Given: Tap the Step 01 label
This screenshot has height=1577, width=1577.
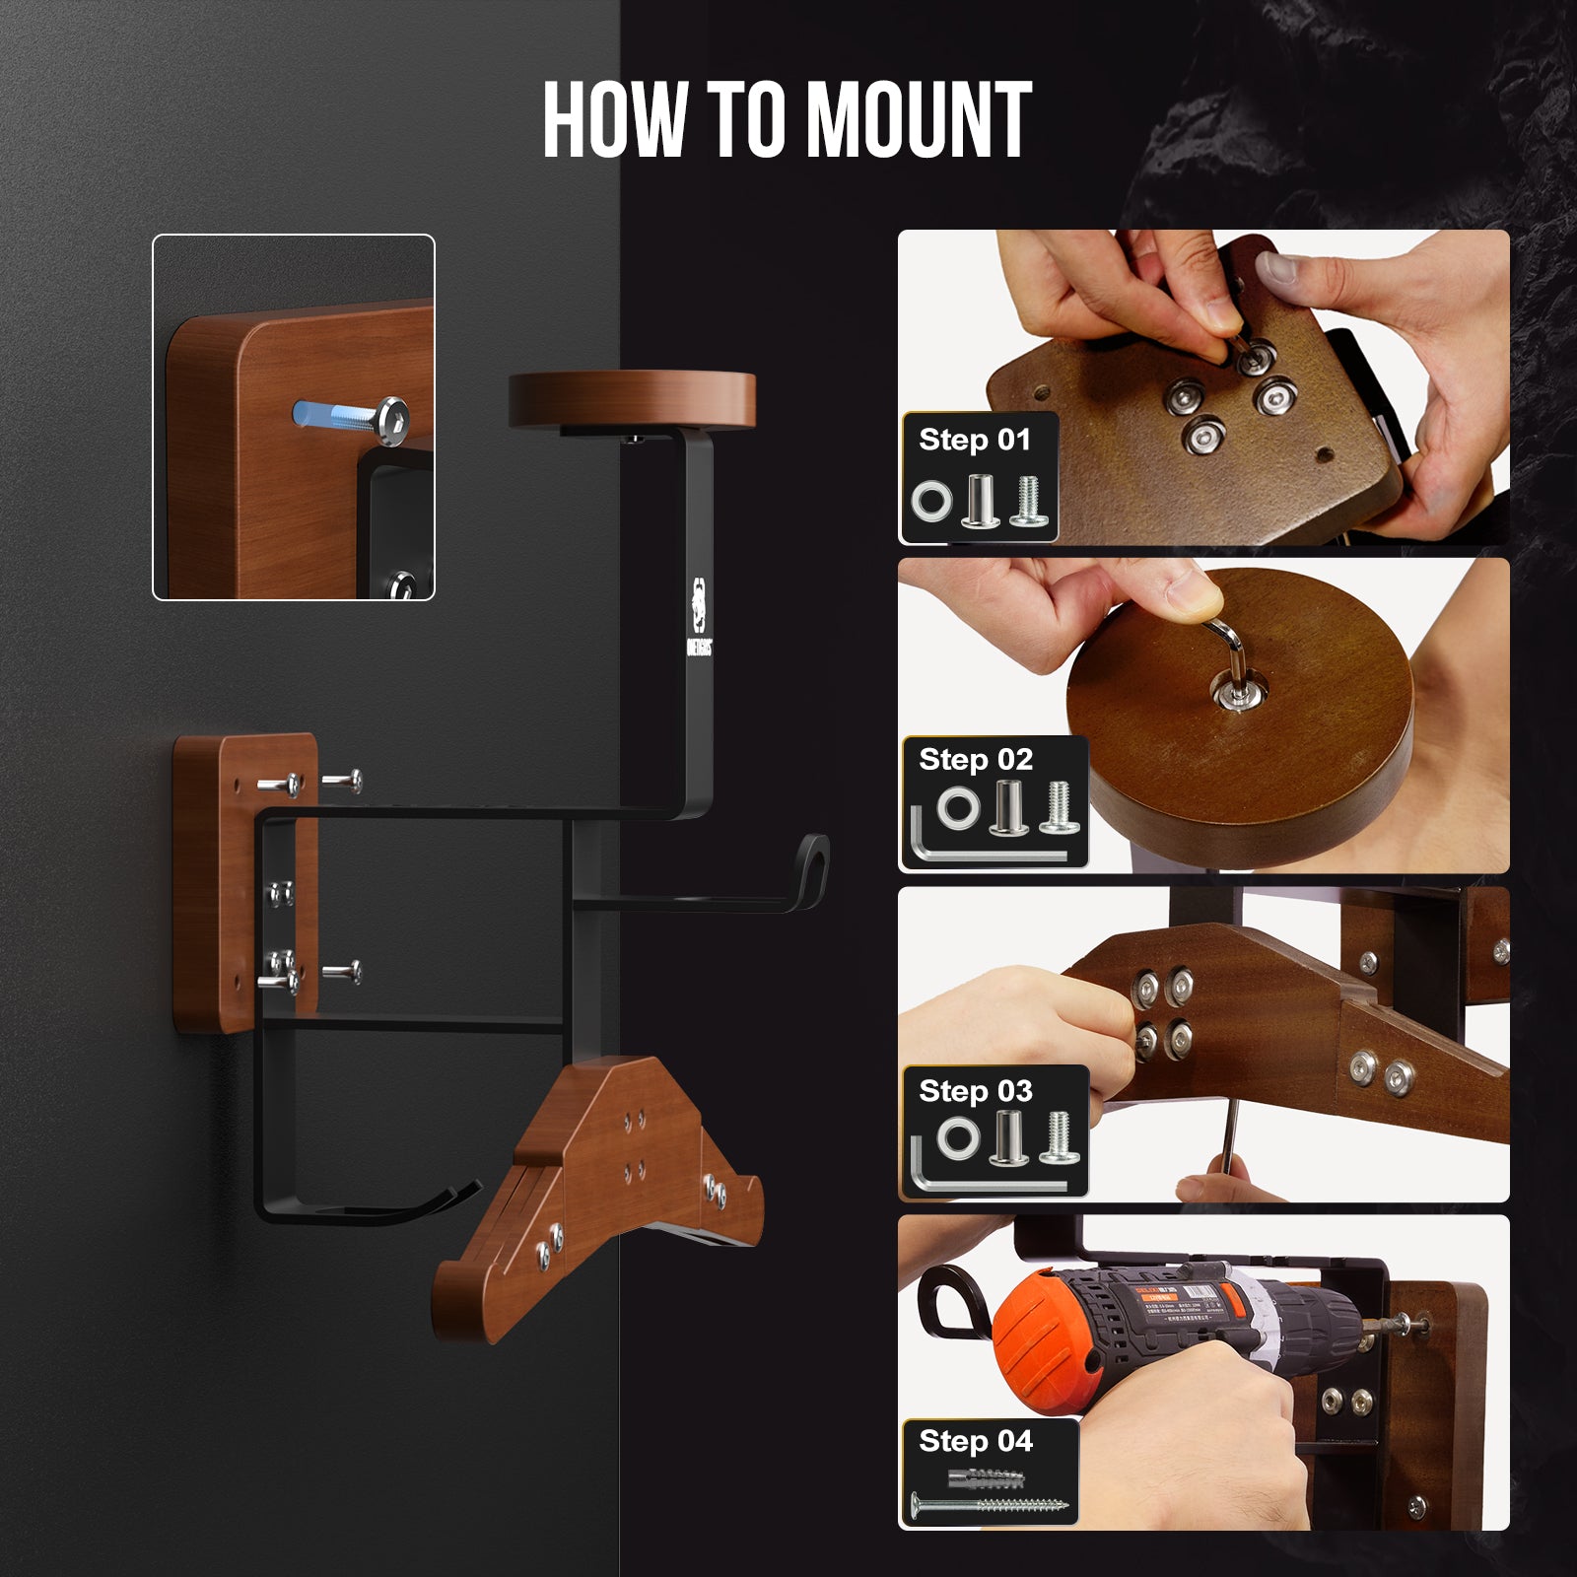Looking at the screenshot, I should click(974, 440).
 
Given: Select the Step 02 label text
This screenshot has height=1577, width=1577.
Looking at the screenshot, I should click(975, 760).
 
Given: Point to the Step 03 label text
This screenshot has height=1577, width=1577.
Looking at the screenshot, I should click(975, 1091).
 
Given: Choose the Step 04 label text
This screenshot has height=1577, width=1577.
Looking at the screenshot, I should click(975, 1441).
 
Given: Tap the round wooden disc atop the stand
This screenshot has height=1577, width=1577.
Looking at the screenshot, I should click(632, 397).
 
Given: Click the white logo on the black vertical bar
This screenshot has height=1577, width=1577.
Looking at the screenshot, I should click(699, 616).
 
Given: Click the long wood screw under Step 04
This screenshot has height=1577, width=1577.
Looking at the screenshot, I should click(988, 1505).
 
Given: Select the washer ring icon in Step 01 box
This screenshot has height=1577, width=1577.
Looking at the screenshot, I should click(931, 502).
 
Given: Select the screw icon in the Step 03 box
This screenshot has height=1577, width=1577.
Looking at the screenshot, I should click(1060, 1135).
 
